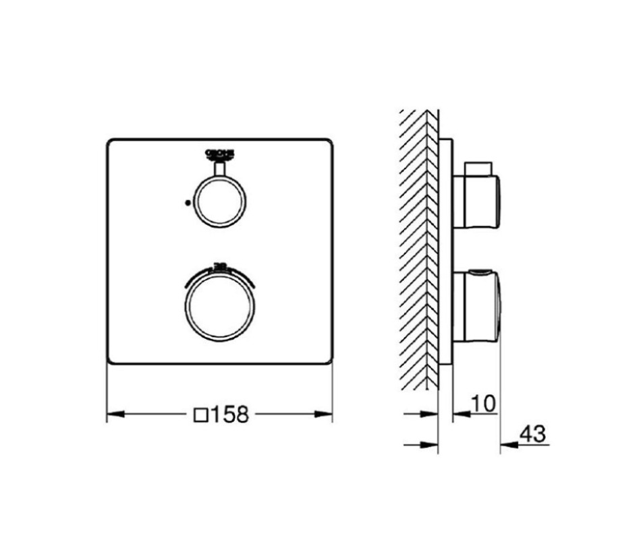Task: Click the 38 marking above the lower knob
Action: click(x=220, y=264)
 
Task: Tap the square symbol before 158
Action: click(x=200, y=414)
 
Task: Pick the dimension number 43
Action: click(x=532, y=434)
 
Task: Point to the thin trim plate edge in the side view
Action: click(x=446, y=249)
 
